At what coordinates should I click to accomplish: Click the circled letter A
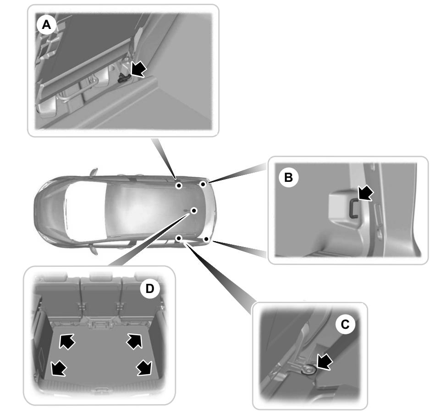tap(46, 26)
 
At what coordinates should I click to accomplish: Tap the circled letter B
tap(288, 177)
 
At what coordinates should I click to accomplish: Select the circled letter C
tap(345, 324)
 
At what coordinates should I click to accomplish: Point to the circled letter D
tap(149, 289)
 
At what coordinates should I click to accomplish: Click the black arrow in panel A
tap(138, 69)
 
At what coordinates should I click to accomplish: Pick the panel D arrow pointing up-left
tap(67, 341)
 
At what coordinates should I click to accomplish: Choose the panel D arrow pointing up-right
tap(134, 340)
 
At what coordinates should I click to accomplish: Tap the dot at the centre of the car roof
tap(194, 210)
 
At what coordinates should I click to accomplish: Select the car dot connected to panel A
tap(179, 186)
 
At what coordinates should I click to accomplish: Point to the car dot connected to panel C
tap(179, 238)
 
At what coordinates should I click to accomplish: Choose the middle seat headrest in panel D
tap(100, 276)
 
